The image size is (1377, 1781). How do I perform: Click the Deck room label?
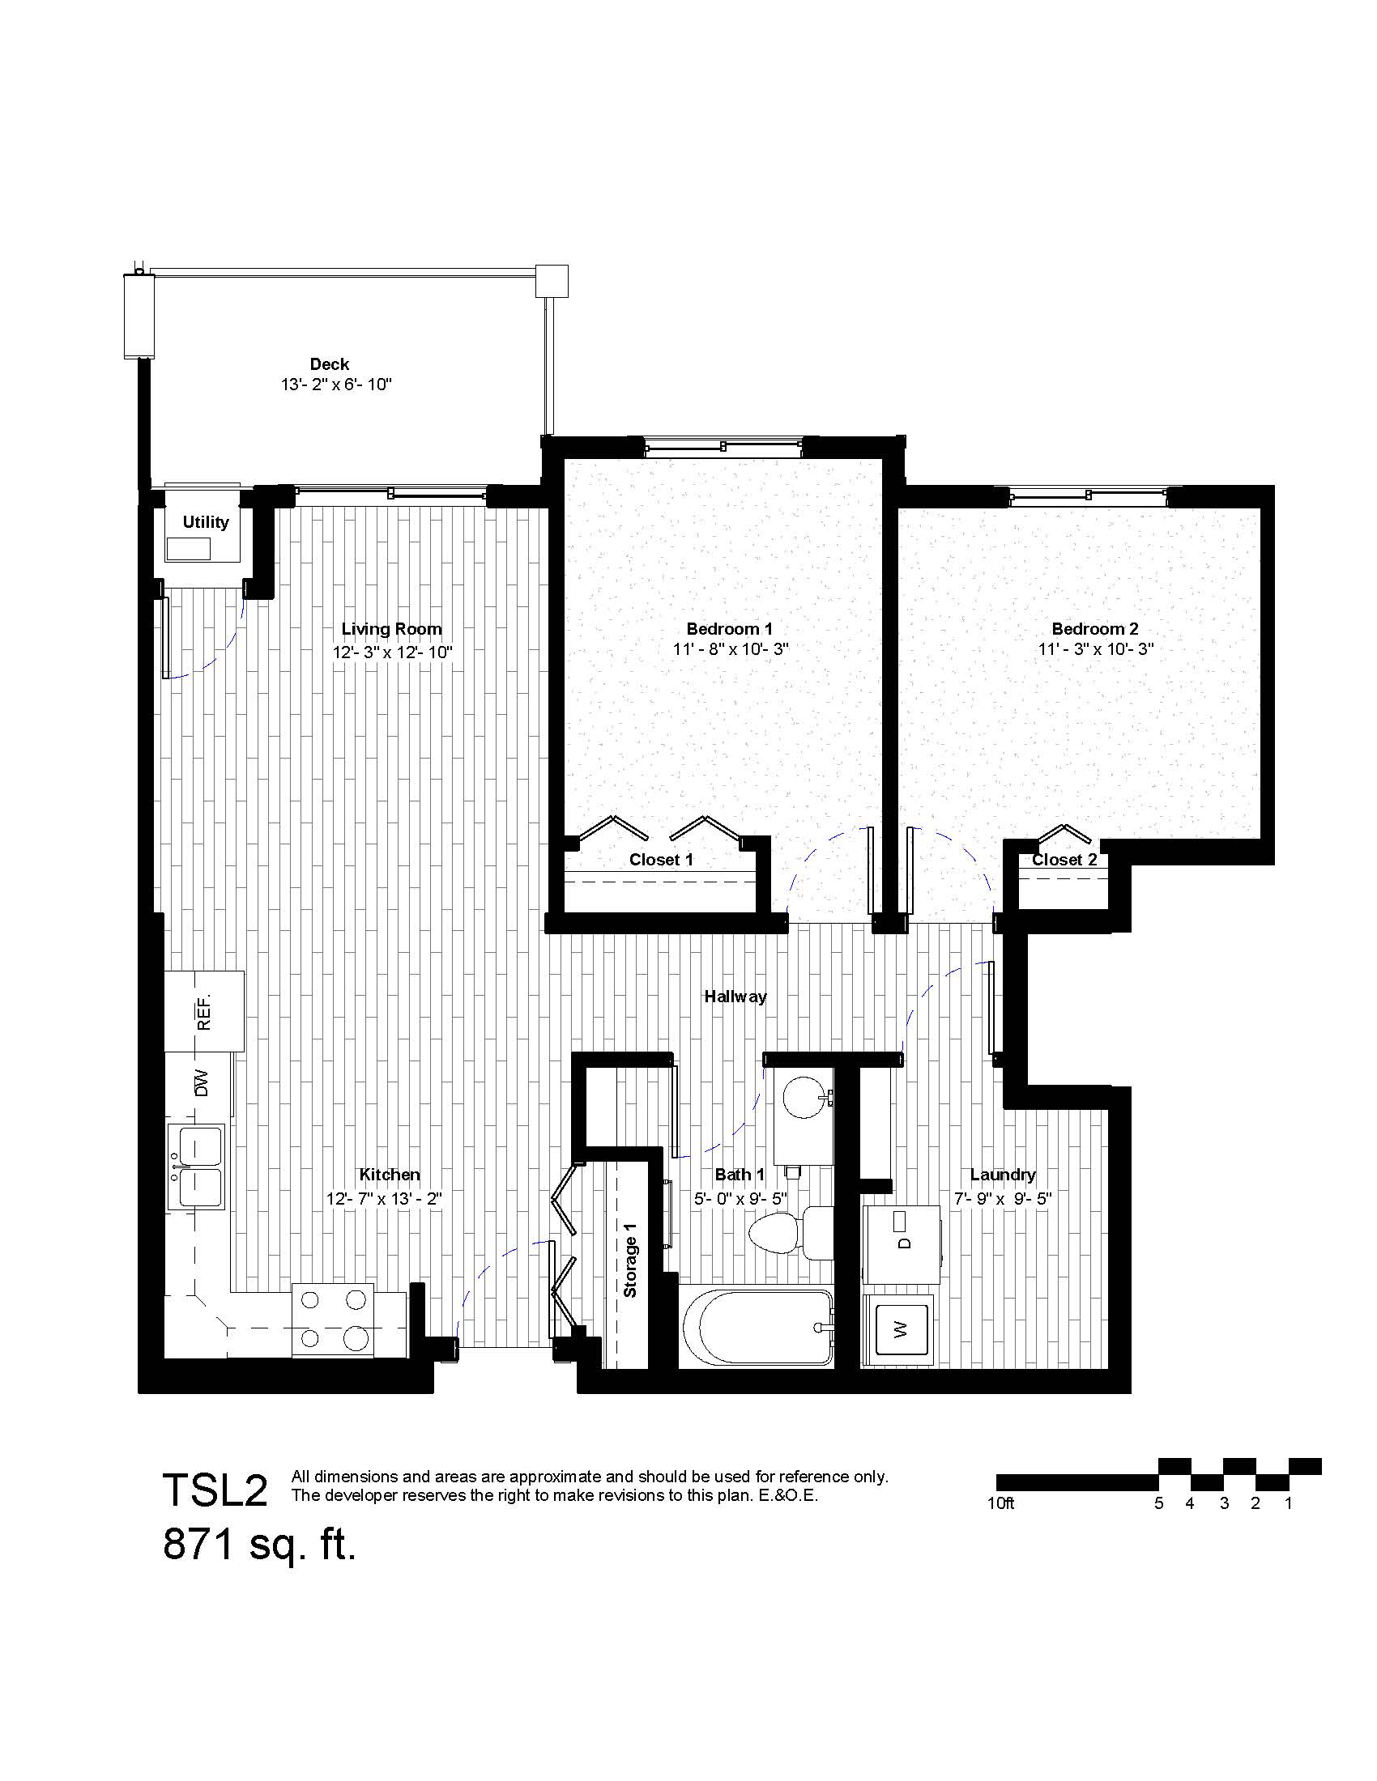click(329, 363)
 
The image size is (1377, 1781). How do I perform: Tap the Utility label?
click(206, 522)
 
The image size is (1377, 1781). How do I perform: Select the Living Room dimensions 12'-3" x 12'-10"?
click(391, 652)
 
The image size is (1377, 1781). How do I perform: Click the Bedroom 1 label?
click(729, 629)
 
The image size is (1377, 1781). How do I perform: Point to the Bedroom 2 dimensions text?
click(1095, 650)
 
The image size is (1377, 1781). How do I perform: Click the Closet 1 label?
click(661, 860)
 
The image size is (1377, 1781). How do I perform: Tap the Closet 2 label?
click(1064, 860)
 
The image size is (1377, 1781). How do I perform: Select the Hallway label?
click(735, 997)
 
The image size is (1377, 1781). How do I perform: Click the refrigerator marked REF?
click(204, 1010)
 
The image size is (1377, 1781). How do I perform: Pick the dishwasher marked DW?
click(199, 1084)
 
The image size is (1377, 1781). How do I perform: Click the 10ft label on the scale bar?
click(1000, 1503)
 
